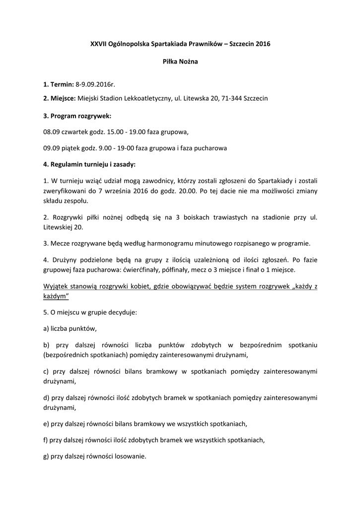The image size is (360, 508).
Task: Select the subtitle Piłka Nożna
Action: tap(180, 62)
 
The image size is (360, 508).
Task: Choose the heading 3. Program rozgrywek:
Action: tap(77, 116)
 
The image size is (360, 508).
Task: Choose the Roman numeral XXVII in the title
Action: tap(99, 44)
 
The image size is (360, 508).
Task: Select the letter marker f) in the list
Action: tap(46, 440)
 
